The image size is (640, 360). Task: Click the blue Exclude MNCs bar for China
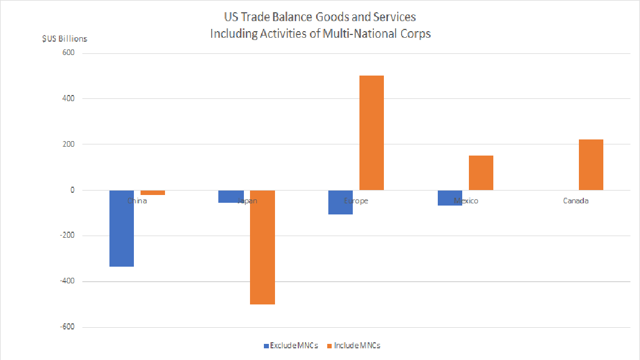click(122, 228)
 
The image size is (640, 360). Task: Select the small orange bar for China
click(153, 193)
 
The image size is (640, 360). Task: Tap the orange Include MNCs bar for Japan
click(262, 247)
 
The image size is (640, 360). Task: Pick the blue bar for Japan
click(231, 196)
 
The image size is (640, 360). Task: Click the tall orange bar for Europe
click(372, 133)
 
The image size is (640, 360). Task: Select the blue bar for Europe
click(341, 202)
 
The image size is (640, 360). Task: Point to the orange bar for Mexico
click(481, 173)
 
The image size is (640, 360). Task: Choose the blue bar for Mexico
click(450, 198)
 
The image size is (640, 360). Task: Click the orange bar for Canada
click(591, 165)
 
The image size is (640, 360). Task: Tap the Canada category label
click(576, 201)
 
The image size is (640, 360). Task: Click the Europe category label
click(356, 201)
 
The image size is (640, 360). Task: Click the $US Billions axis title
click(64, 39)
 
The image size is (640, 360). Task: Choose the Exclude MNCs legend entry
click(291, 346)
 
